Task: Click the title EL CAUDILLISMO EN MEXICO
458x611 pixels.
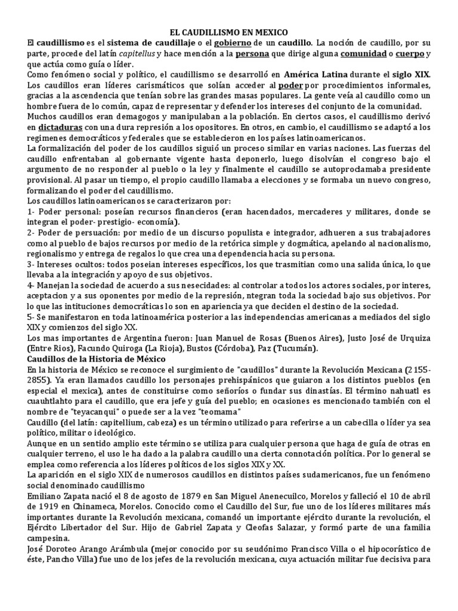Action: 228,33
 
